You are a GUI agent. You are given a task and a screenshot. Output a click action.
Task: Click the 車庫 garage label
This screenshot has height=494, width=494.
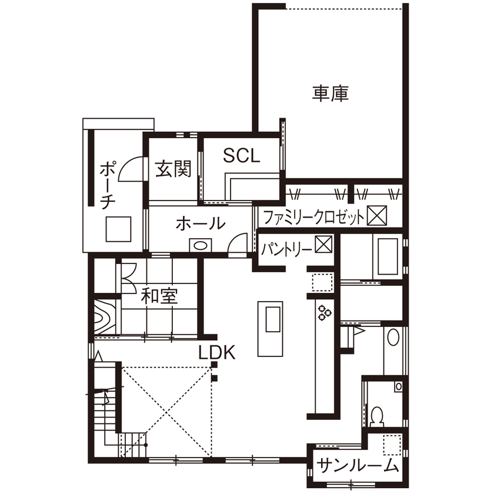click(331, 94)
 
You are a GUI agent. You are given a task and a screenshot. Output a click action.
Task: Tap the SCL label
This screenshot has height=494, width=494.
click(241, 155)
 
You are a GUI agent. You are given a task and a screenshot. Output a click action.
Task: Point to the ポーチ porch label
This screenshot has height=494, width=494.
click(107, 184)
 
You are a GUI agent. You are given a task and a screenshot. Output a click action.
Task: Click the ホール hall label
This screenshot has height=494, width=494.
click(201, 223)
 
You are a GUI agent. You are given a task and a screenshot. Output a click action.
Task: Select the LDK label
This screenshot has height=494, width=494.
click(216, 352)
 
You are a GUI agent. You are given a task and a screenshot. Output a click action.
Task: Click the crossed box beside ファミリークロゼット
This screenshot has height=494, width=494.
click(376, 216)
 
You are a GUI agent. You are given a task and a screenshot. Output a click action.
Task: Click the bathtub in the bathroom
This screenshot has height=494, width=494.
click(387, 256)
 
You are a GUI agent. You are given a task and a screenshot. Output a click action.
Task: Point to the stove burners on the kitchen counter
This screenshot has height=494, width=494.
click(323, 313)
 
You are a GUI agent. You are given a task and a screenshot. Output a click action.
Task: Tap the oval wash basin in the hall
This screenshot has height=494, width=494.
click(201, 245)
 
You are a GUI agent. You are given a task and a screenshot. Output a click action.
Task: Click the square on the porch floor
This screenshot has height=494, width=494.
click(118, 229)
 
